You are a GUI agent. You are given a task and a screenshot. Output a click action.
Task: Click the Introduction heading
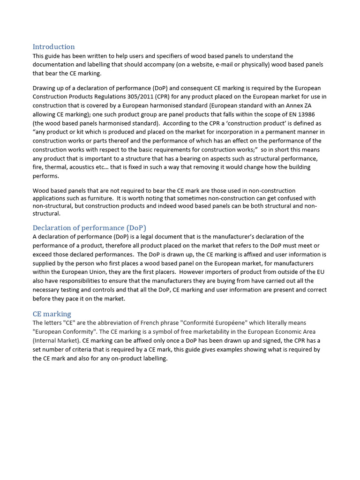pos(53,47)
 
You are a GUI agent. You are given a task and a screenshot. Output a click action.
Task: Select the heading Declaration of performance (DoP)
pos(89,228)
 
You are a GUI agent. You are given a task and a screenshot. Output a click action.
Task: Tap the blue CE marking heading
pos(52,314)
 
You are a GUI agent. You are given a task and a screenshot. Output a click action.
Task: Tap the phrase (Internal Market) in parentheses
pos(57,341)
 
